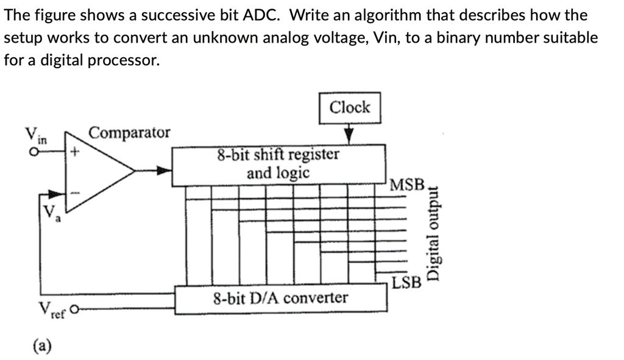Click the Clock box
click(350, 108)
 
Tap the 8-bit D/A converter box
click(280, 298)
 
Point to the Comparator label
click(130, 133)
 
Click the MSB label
click(406, 184)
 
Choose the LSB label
click(406, 283)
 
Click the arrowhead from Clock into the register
click(349, 135)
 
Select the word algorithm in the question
click(385, 15)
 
